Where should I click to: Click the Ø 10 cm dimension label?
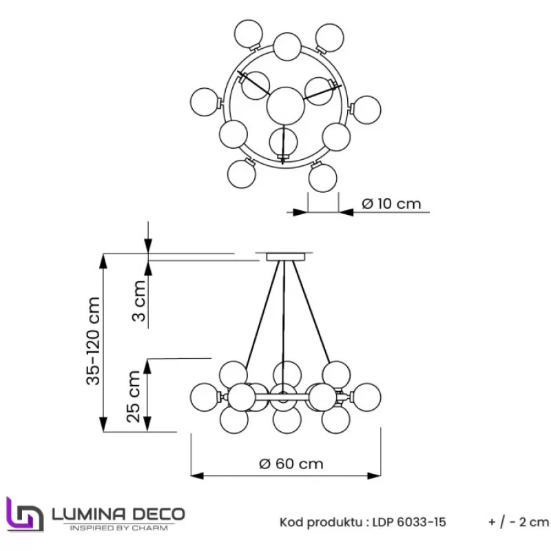(x=391, y=204)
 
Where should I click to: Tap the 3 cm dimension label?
(x=139, y=301)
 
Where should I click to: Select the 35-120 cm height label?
(x=94, y=340)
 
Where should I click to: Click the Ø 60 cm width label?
(x=291, y=464)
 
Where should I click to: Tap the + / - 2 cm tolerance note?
(x=519, y=522)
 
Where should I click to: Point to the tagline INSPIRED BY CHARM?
(x=118, y=528)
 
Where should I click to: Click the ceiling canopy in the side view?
(x=284, y=257)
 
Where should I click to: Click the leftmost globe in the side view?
(x=205, y=396)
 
